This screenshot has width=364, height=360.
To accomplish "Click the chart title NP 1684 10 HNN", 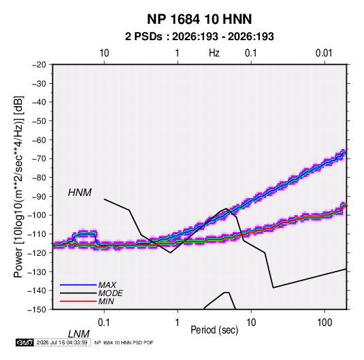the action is coord(199,19).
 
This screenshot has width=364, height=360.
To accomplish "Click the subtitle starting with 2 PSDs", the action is coord(199,37).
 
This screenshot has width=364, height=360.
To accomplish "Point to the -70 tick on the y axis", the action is coord(39,159).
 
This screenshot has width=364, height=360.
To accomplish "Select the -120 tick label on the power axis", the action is coord(37,253).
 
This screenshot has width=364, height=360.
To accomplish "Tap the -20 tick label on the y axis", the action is coord(39,65).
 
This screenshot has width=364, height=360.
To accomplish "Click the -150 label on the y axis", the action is coord(37,310).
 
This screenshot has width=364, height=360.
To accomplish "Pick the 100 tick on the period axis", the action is coord(325,322).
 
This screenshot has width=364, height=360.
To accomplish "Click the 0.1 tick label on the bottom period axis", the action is coord(103,322).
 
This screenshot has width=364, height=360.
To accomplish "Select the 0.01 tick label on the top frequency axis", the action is coord(324,53).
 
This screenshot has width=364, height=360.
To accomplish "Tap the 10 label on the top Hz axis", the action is coord(104,53).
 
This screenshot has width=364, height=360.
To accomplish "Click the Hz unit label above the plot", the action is coord(214,53).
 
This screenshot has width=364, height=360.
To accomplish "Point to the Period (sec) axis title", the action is coord(214,330).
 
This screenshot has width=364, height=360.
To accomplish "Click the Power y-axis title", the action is coord(18,187).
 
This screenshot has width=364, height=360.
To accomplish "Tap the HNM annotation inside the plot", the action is coord(80,193).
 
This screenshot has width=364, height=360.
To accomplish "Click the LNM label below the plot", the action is coord(79,334).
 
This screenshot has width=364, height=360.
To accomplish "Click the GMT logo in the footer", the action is coord(24,342).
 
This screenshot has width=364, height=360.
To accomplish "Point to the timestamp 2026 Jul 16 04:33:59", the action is coord(62,342).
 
